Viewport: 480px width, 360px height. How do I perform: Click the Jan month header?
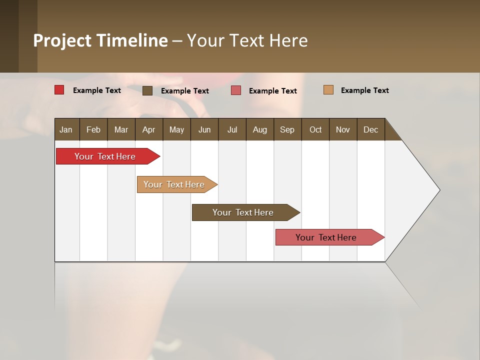pyautogui.click(x=66, y=129)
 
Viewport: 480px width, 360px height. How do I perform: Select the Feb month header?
pyautogui.click(x=93, y=129)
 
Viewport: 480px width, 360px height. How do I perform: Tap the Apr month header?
pyautogui.click(x=149, y=129)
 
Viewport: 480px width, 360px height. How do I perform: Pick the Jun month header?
pyautogui.click(x=204, y=129)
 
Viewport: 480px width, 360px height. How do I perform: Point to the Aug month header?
pyautogui.click(x=260, y=129)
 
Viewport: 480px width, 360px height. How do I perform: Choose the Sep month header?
pyautogui.click(x=287, y=129)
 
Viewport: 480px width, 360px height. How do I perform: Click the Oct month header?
pyautogui.click(x=315, y=129)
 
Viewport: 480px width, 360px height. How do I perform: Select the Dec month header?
pyautogui.click(x=371, y=129)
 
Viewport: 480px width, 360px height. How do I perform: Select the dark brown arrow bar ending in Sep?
pyautogui.click(x=243, y=212)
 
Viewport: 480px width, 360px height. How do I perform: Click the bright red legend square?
pyautogui.click(x=59, y=90)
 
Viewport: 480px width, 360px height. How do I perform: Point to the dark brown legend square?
pyautogui.click(x=147, y=90)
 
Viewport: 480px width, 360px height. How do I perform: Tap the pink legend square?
pyautogui.click(x=236, y=90)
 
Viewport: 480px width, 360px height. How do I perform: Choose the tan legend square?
pyautogui.click(x=328, y=90)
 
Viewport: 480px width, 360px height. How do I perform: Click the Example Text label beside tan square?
pyautogui.click(x=364, y=90)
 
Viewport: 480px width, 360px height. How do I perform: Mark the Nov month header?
pyautogui.click(x=343, y=129)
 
